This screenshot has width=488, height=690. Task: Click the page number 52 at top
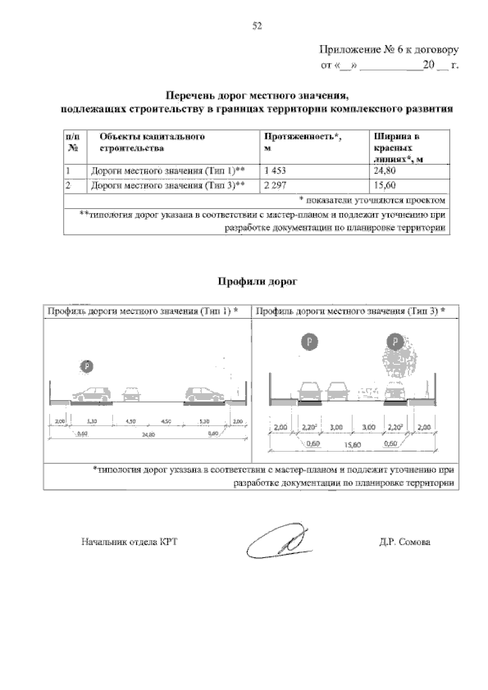[x=257, y=26]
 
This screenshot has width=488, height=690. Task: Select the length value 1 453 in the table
[x=276, y=171]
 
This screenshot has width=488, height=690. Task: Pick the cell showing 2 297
[x=275, y=186]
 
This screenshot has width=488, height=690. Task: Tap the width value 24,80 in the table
[x=384, y=171]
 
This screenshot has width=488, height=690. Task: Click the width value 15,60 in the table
[x=385, y=186]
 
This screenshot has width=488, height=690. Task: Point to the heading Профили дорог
[x=258, y=282]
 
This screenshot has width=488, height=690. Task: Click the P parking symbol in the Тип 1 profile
[x=87, y=367]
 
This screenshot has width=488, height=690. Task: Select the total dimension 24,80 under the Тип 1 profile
[x=149, y=435]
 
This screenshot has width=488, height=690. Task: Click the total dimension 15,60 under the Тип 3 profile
[x=353, y=445]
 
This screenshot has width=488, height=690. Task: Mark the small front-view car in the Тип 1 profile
[x=131, y=394]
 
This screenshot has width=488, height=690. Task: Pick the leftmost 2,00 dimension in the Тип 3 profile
[x=280, y=427]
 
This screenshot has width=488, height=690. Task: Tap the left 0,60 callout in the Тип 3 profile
[x=312, y=444]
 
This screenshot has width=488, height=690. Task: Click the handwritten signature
[x=277, y=542]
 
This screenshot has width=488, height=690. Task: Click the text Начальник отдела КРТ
[x=129, y=542]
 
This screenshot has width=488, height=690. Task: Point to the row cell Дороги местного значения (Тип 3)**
[x=167, y=186]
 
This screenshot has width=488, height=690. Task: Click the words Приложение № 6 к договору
[x=389, y=50]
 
